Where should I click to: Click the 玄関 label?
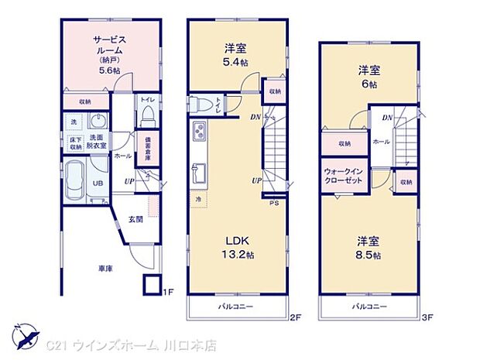pos(135,219)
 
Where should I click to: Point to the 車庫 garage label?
pos(105,268)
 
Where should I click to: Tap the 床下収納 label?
pos(75,143)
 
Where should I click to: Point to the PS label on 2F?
pos(273,204)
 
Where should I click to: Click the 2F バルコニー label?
pos(233,307)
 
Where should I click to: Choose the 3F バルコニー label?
pos(369,307)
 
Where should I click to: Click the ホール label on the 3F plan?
pos(381,142)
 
